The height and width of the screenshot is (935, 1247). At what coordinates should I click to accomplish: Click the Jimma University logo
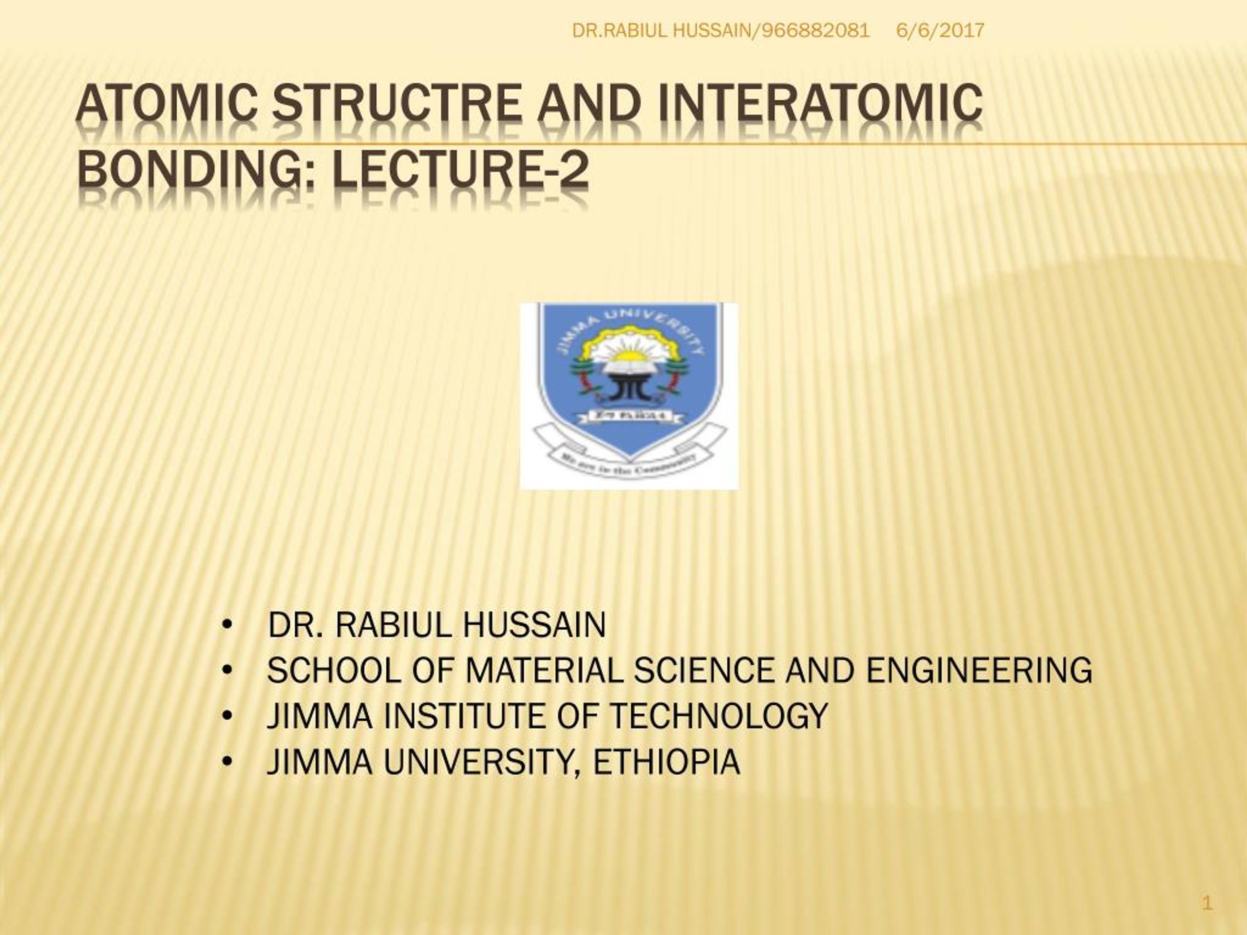tap(628, 395)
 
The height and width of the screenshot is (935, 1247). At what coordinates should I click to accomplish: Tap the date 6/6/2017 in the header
tap(940, 30)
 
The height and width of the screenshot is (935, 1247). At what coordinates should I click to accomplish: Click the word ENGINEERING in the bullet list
tap(979, 671)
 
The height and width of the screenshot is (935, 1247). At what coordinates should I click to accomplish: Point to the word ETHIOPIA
tap(666, 762)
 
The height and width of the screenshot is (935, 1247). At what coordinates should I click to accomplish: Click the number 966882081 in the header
tap(815, 30)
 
